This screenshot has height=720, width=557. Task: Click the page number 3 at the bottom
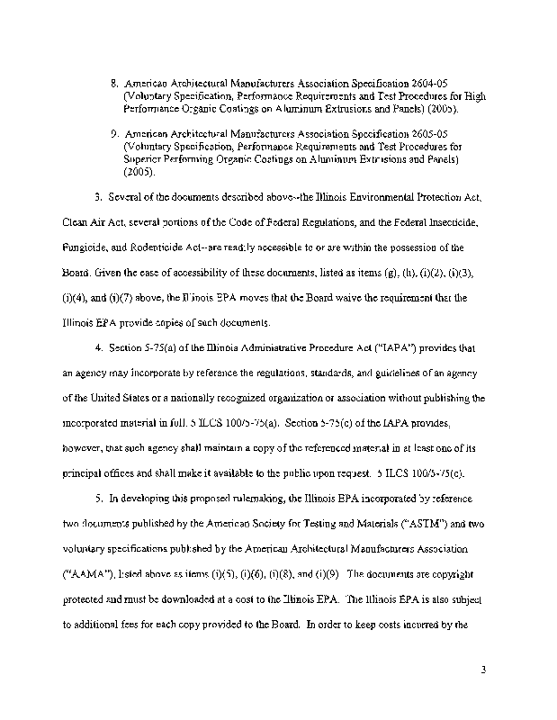[x=484, y=670]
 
